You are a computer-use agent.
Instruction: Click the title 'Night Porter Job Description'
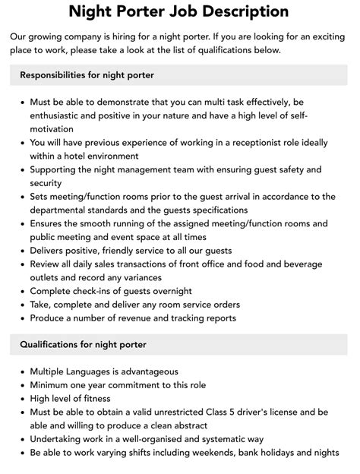pos(179,11)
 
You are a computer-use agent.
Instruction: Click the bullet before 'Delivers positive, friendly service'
pos(23,251)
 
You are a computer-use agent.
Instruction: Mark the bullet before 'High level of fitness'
pos(23,399)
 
